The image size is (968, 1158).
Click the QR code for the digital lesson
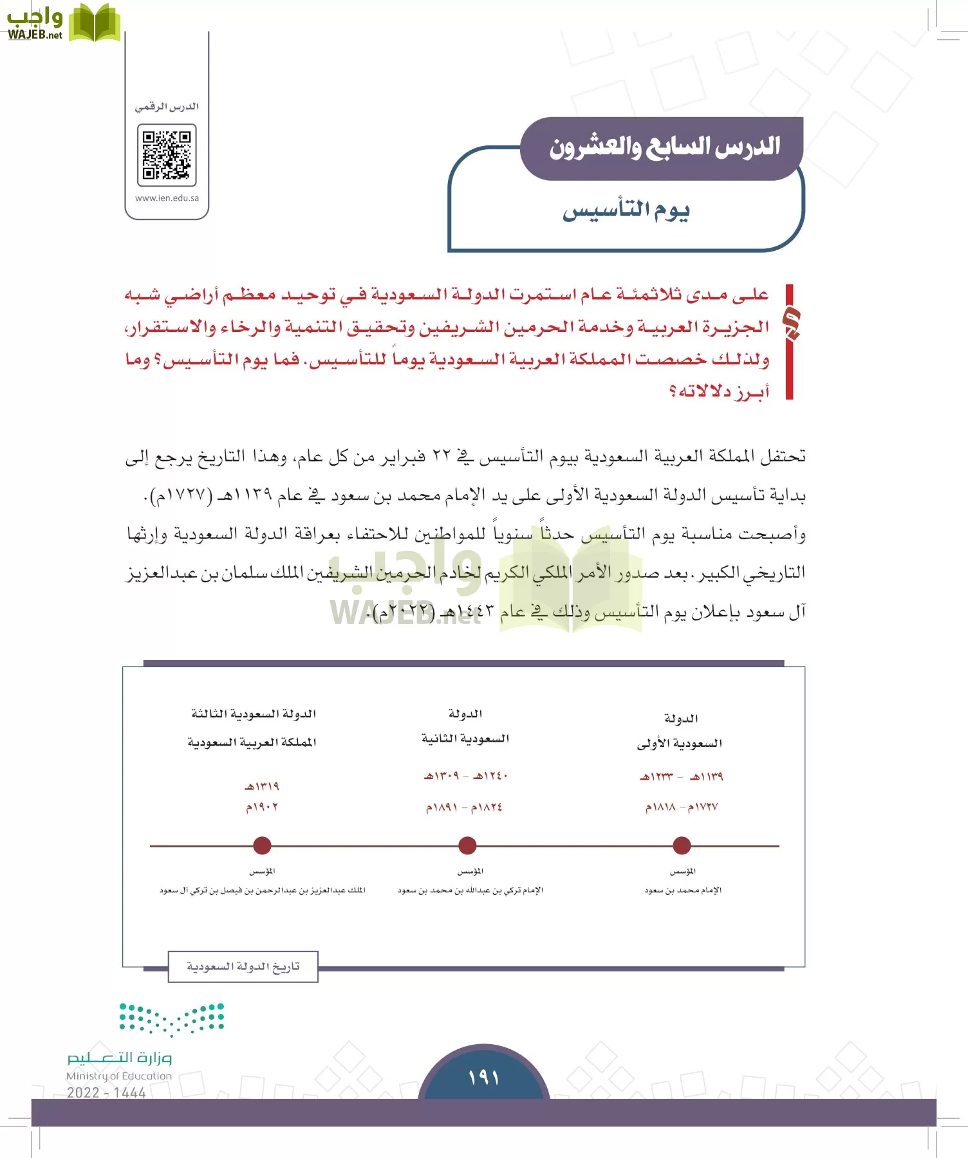point(167,155)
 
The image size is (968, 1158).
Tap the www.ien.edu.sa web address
point(167,198)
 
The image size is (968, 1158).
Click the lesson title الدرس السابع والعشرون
point(664,147)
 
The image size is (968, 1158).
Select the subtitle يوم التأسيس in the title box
point(626,210)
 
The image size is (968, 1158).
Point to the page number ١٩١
point(484,1077)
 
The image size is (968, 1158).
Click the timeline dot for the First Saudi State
point(682,846)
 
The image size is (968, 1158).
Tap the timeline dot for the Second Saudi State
point(467,846)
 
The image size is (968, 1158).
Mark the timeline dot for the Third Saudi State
point(262,846)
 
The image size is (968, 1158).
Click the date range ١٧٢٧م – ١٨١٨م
point(682,807)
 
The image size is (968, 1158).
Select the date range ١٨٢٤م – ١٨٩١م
point(464,807)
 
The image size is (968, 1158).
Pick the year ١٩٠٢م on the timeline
point(261,807)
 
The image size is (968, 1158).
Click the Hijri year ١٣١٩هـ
point(261,786)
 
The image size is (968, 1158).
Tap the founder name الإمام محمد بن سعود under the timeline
point(683,890)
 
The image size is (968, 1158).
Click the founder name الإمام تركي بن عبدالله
point(470,890)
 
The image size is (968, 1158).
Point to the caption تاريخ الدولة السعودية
point(243,967)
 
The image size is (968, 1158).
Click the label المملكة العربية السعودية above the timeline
point(252,742)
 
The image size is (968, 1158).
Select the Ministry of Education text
point(119,1076)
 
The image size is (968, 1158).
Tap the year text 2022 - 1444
point(106,1092)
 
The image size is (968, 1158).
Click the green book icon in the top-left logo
point(95,23)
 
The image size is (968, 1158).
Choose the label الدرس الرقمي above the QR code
point(167,107)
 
